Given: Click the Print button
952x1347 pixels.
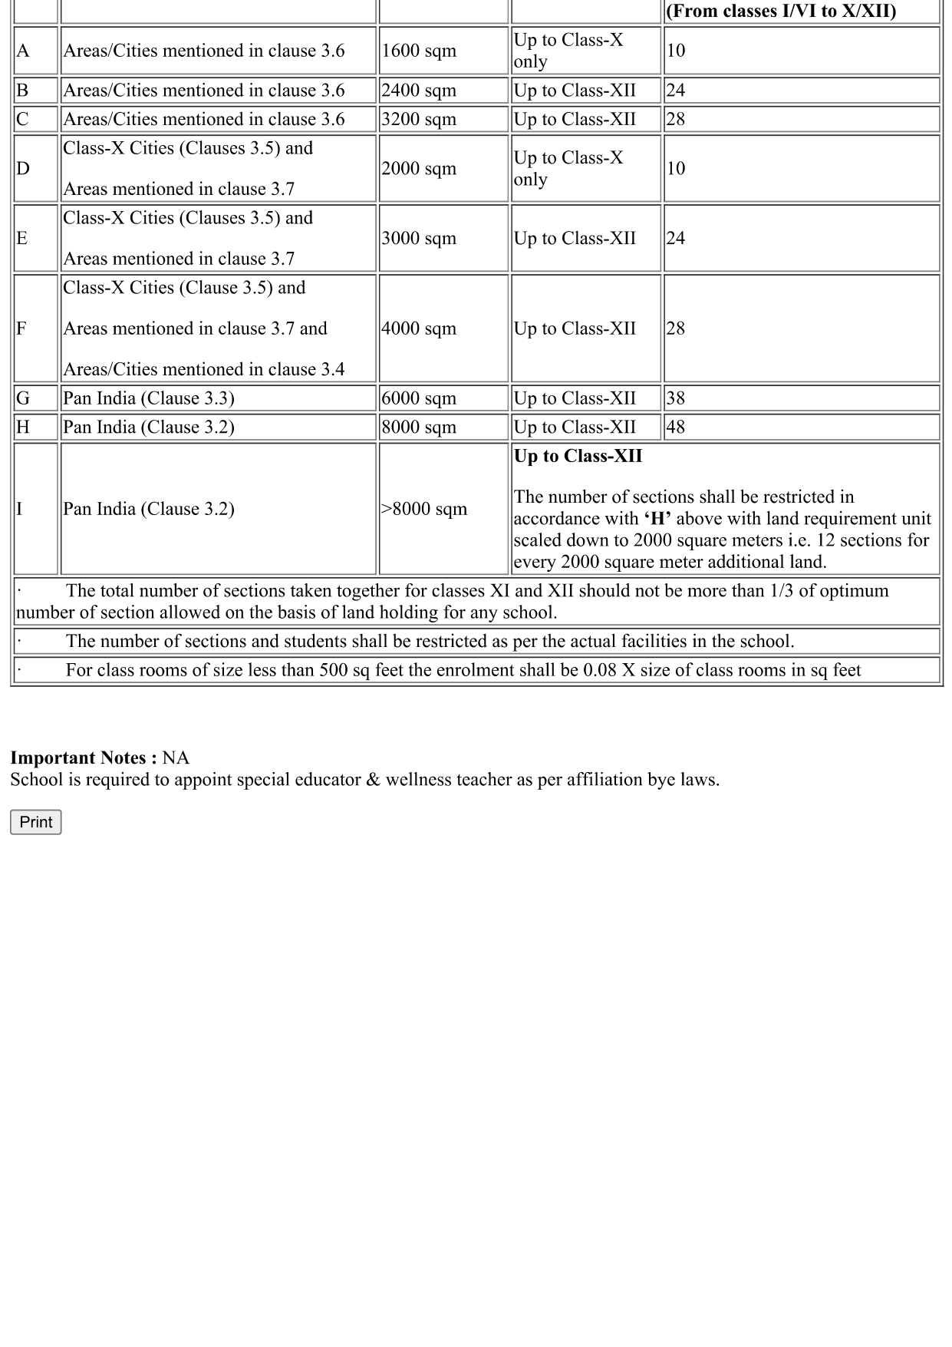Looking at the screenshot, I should coord(35,822).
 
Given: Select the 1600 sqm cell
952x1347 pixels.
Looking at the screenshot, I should coord(419,51).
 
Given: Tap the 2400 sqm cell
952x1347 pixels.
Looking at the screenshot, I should coord(419,91).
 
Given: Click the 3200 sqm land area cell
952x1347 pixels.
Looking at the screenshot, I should coord(419,120).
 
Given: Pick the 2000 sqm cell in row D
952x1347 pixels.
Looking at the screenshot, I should coord(419,169).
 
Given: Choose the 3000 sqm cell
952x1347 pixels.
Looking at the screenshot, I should coord(419,239).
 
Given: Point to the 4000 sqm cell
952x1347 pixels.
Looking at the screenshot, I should coord(419,328).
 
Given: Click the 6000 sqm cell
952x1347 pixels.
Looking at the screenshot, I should coord(419,398).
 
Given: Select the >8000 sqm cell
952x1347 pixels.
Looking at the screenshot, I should coord(424,509).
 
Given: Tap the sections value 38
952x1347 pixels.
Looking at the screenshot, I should coord(676,398).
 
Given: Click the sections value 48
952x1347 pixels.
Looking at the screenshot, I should coord(676,428).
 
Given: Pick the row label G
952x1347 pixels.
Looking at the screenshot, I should coord(23,398).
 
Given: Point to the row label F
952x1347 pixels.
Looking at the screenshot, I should coord(21,328).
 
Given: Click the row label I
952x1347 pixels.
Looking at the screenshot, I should coord(20,509).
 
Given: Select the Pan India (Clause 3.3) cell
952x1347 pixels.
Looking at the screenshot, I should coord(149,398).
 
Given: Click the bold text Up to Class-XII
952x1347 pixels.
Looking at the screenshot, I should coord(578,457).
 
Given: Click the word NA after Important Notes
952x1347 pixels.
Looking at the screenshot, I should coord(176,758).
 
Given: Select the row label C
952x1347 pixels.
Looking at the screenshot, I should coord(22,120).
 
